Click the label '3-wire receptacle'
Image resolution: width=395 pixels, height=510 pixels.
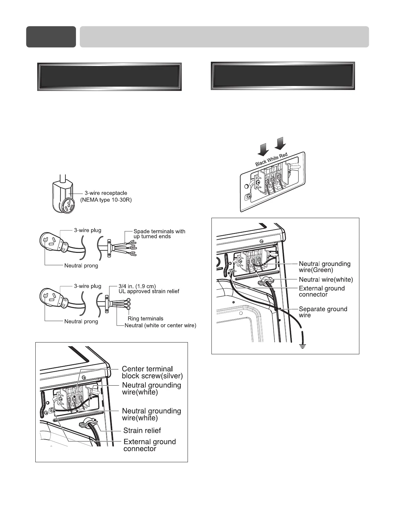coord(106,193)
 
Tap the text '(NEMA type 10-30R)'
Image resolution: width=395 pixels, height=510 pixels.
coord(106,200)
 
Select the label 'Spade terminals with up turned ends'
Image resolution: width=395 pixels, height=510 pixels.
coord(159,234)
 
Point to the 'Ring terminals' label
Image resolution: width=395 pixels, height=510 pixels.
coord(145,319)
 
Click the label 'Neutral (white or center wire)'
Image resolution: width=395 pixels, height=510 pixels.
coord(160,326)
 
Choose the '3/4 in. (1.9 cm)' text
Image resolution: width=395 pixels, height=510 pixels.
coord(137,286)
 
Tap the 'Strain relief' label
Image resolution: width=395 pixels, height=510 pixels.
coord(142,431)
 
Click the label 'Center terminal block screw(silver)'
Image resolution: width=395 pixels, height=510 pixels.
coord(152,372)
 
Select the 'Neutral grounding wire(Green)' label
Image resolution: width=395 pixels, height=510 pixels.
coord(324,267)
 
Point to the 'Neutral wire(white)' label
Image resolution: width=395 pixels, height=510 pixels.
coord(326,280)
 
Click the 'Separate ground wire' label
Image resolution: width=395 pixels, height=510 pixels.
coord(323,312)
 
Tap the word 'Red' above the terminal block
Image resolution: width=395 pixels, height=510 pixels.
coord(284,155)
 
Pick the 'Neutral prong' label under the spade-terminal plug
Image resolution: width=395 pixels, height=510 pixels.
coord(81,266)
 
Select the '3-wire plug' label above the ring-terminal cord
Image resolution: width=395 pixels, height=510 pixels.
coord(87,286)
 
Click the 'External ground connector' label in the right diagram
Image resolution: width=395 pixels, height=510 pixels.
coord(322,291)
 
